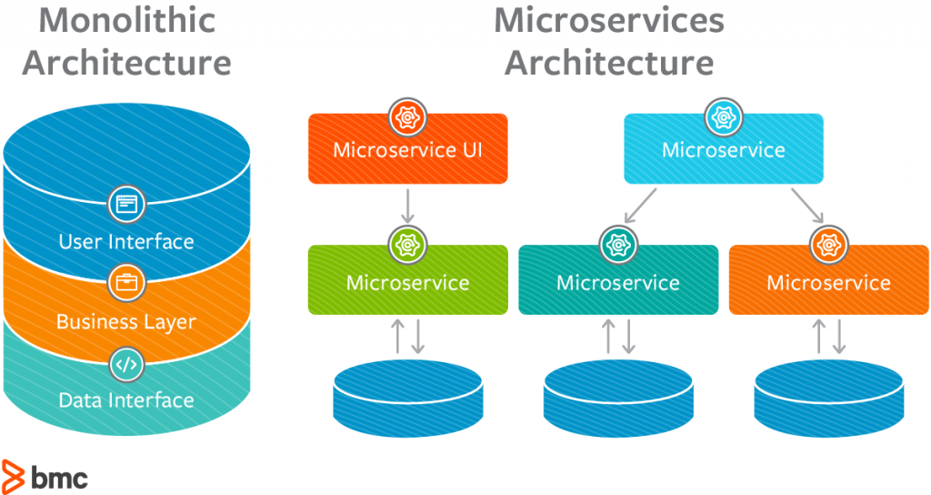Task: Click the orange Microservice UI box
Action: click(407, 150)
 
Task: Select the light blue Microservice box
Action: click(724, 150)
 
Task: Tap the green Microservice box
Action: click(407, 281)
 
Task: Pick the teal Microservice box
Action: click(618, 282)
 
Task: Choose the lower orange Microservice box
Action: click(828, 282)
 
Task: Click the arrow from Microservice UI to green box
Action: click(407, 207)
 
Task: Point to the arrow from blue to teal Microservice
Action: click(641, 206)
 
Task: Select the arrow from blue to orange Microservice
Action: click(807, 206)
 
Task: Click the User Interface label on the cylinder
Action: click(126, 242)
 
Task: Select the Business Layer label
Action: click(126, 322)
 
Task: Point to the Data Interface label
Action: click(126, 400)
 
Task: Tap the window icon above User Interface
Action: click(126, 203)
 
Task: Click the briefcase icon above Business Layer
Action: click(126, 283)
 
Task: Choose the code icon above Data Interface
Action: click(126, 364)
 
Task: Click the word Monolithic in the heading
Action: click(127, 20)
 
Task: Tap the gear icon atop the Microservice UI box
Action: click(407, 116)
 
